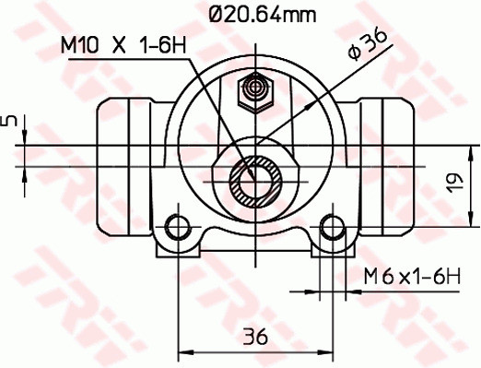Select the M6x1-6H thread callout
click(410, 275)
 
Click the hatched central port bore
click(252, 181)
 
